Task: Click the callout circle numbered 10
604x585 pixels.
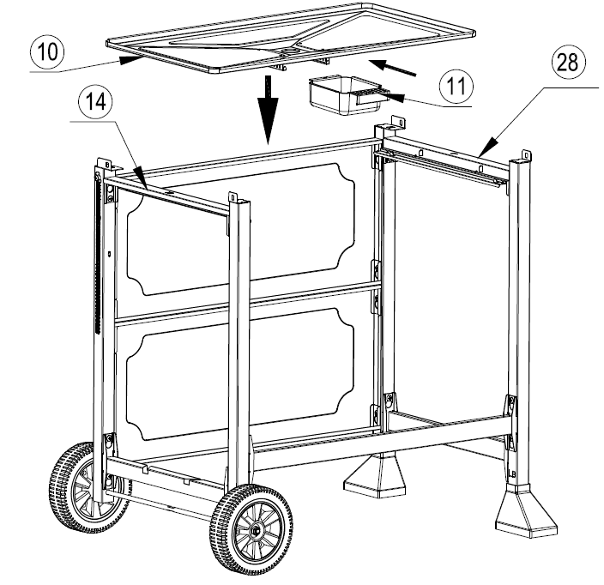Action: pyautogui.click(x=47, y=51)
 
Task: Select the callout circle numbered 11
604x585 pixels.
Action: pyautogui.click(x=456, y=87)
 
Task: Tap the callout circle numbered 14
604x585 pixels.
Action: pyautogui.click(x=95, y=102)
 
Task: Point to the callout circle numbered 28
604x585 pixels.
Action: pyautogui.click(x=568, y=61)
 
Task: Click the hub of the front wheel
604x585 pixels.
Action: pyautogui.click(x=255, y=532)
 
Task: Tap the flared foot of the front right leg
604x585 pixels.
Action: pyautogui.click(x=525, y=510)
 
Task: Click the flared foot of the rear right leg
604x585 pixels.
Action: pyautogui.click(x=374, y=474)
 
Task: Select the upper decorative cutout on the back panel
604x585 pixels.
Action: pyautogui.click(x=240, y=229)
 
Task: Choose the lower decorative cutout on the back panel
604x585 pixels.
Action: pyautogui.click(x=240, y=374)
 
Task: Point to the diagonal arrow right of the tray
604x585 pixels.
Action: pyautogui.click(x=393, y=68)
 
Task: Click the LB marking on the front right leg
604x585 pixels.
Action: pyautogui.click(x=513, y=474)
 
